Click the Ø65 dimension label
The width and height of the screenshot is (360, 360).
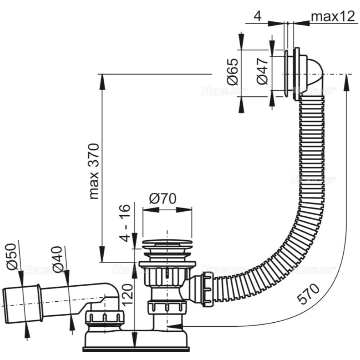point(232,71)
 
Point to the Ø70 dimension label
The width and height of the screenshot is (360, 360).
point(162,198)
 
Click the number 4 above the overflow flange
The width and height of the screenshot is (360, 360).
point(257,17)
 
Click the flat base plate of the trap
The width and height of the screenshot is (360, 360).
point(137,349)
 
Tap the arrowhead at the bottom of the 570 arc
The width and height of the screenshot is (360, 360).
point(174,326)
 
